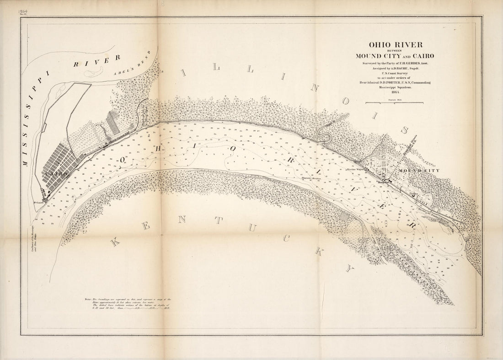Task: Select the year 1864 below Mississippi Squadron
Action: point(396,92)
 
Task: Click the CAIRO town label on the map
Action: point(57,174)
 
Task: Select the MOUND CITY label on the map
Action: point(419,171)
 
